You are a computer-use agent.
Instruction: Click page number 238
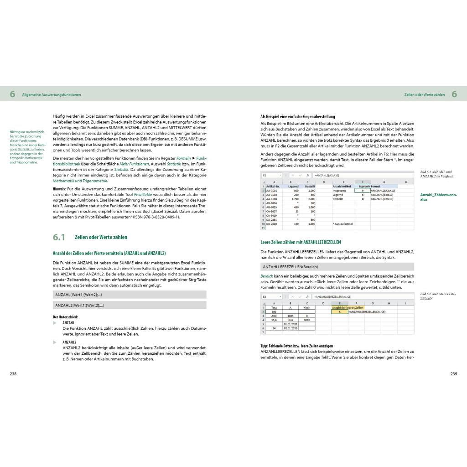click(x=14, y=374)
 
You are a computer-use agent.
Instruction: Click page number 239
click(x=453, y=374)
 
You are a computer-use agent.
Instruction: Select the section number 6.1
click(x=59, y=237)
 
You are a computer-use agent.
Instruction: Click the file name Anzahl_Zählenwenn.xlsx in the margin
click(x=438, y=197)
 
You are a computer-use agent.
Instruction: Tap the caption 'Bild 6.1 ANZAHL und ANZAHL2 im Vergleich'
click(x=436, y=174)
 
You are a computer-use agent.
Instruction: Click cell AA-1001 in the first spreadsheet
click(x=272, y=191)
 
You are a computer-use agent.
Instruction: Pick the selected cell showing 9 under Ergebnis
click(x=362, y=191)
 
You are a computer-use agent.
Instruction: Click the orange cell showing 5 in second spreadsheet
click(x=340, y=311)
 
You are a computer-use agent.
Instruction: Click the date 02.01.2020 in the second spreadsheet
click(x=290, y=328)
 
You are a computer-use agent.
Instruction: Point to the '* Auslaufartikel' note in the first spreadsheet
click(x=343, y=224)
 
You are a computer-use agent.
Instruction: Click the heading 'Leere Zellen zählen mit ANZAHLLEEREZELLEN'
click(x=301, y=242)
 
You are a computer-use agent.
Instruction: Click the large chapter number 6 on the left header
click(x=13, y=94)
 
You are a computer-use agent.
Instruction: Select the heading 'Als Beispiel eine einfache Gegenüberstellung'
click(x=298, y=116)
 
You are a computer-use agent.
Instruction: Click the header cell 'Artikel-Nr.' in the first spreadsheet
click(x=273, y=186)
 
